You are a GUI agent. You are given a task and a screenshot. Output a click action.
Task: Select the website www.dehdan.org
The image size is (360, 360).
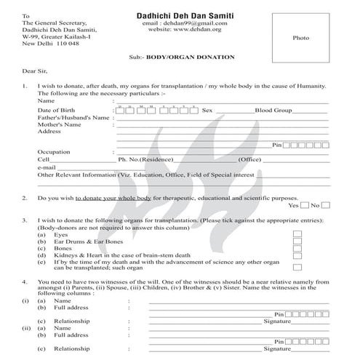click(x=180, y=30)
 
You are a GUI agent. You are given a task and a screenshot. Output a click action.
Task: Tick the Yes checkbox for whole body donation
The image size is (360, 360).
click(x=305, y=205)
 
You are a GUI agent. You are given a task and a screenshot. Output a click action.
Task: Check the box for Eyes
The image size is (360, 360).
click(x=297, y=235)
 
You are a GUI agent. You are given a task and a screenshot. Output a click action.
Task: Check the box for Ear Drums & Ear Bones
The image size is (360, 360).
click(x=297, y=243)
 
